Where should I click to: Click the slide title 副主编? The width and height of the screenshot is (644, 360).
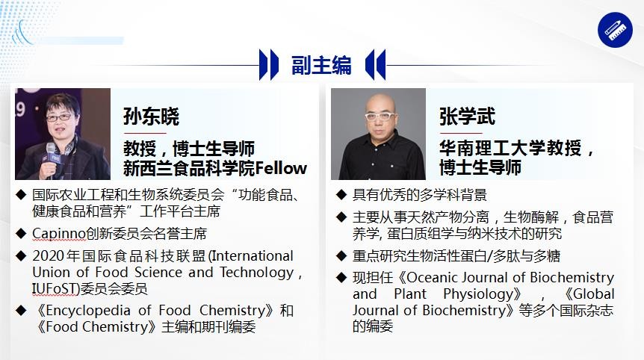[321, 65]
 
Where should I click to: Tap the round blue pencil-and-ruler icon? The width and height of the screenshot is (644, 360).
[615, 30]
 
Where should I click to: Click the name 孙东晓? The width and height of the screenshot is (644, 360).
[151, 117]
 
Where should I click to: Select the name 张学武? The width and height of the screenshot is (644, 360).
[468, 116]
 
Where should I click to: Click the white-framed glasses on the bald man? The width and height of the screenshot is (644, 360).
[380, 117]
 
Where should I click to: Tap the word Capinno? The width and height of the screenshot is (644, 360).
[59, 234]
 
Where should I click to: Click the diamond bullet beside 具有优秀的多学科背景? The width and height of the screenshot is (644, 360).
[341, 195]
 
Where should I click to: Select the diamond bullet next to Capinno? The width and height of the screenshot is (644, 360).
[21, 233]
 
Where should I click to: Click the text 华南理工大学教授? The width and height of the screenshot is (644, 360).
[510, 148]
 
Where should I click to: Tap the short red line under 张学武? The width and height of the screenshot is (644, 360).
[460, 133]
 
